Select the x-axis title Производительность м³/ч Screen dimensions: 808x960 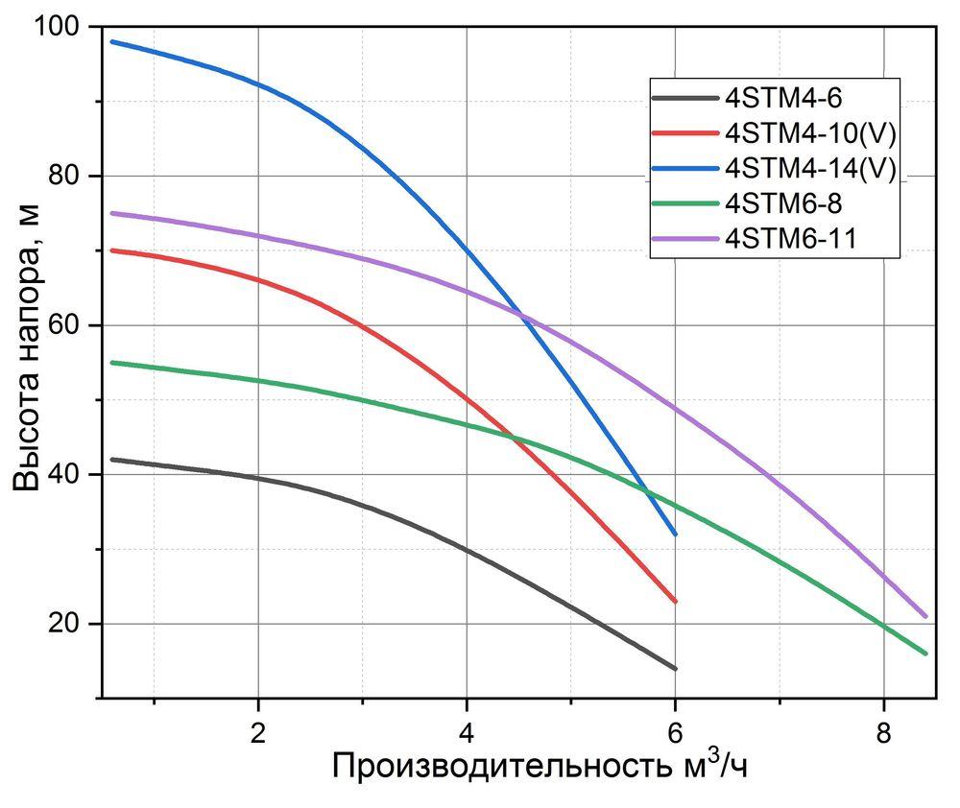pyautogui.click(x=540, y=767)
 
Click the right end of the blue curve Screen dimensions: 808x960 pyautogui.click(x=675, y=535)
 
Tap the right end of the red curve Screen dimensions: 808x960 pyautogui.click(x=675, y=602)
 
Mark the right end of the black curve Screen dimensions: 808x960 pyautogui.click(x=675, y=669)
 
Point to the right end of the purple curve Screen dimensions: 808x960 pyautogui.click(x=925, y=616)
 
